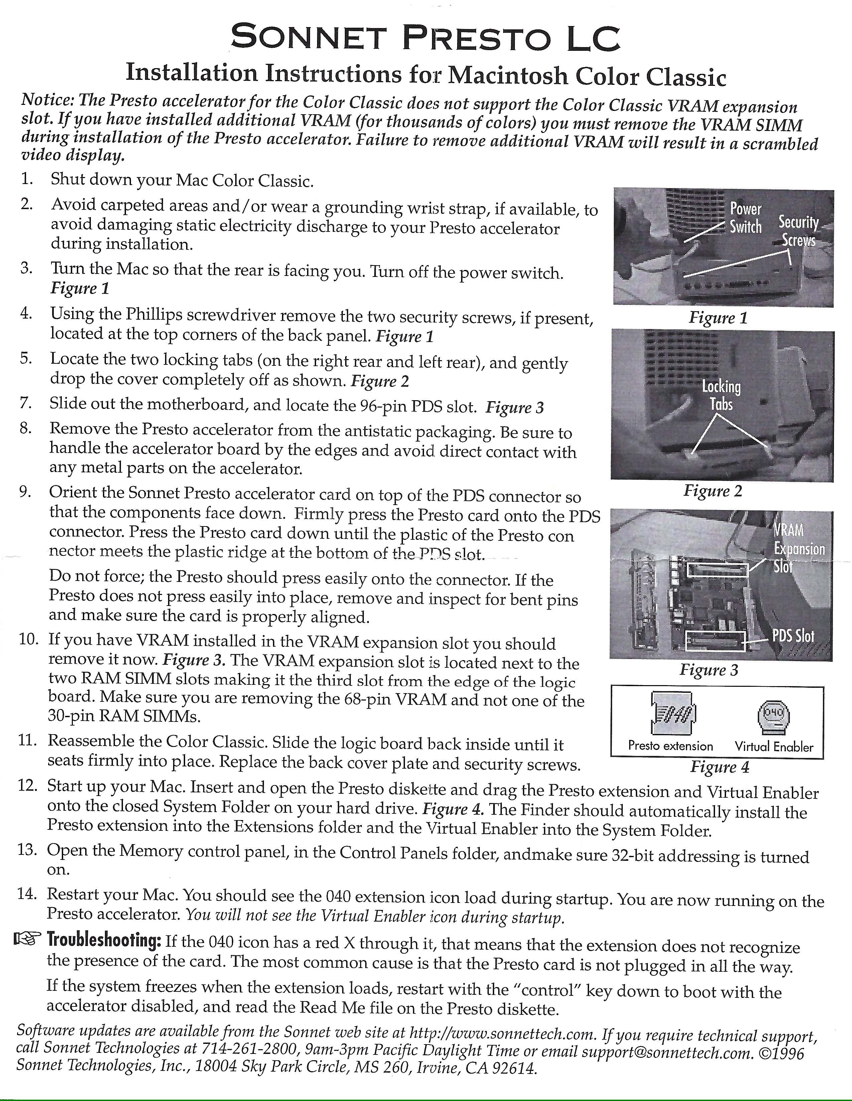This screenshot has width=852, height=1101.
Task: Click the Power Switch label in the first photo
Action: point(746,218)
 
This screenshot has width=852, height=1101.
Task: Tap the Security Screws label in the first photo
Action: point(799,231)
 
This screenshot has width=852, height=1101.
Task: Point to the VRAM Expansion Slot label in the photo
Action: point(799,548)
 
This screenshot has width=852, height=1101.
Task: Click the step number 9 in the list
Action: point(25,491)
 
